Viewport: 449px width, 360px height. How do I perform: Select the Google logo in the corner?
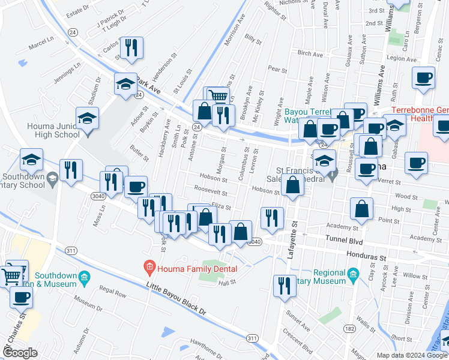[x=20, y=353]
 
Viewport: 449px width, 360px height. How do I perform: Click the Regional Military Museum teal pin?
[x=353, y=276]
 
